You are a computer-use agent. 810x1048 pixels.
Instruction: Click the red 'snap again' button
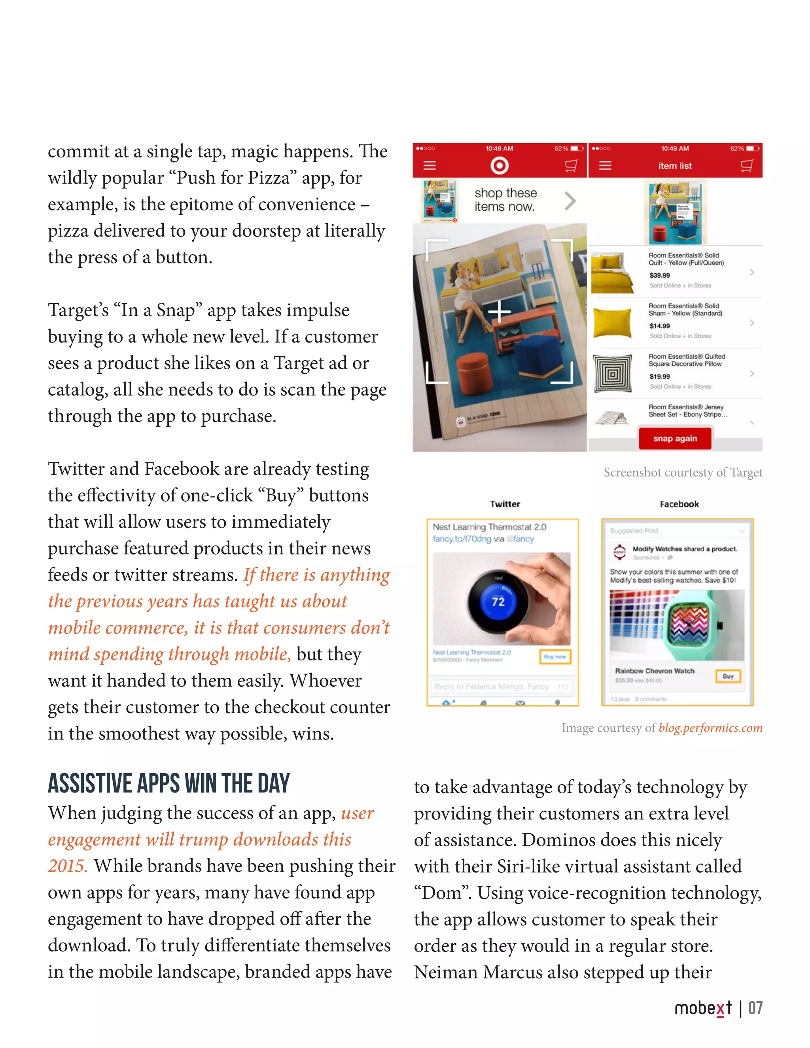674,439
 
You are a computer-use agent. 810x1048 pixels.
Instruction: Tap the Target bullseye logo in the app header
499,166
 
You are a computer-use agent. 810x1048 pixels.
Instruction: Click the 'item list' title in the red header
675,166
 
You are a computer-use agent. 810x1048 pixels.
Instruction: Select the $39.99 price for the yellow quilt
659,275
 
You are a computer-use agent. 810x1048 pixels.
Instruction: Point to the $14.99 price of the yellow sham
659,326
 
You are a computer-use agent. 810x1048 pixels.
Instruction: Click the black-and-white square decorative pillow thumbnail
612,373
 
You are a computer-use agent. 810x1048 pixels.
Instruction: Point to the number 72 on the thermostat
498,602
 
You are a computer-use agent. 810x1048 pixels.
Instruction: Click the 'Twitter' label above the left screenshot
505,504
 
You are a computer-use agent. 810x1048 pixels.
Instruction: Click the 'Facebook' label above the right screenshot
679,504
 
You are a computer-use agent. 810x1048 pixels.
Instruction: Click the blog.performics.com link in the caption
710,728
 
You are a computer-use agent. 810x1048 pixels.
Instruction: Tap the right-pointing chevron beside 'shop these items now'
570,201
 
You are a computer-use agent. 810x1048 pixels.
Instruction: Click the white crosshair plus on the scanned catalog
499,312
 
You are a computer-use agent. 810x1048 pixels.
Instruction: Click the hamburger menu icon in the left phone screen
430,166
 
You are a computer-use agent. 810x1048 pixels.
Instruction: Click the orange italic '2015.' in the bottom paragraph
68,866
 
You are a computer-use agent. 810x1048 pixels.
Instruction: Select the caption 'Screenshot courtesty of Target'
682,473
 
